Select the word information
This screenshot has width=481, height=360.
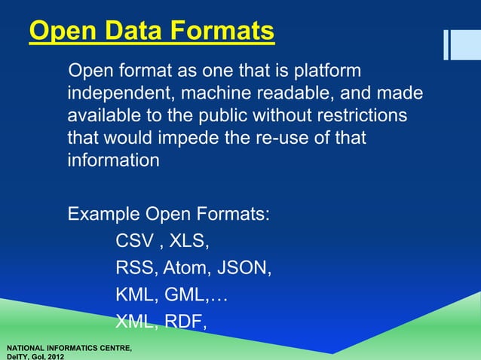pos(113,161)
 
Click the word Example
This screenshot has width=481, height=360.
pos(103,214)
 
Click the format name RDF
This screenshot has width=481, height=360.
pos(185,322)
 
